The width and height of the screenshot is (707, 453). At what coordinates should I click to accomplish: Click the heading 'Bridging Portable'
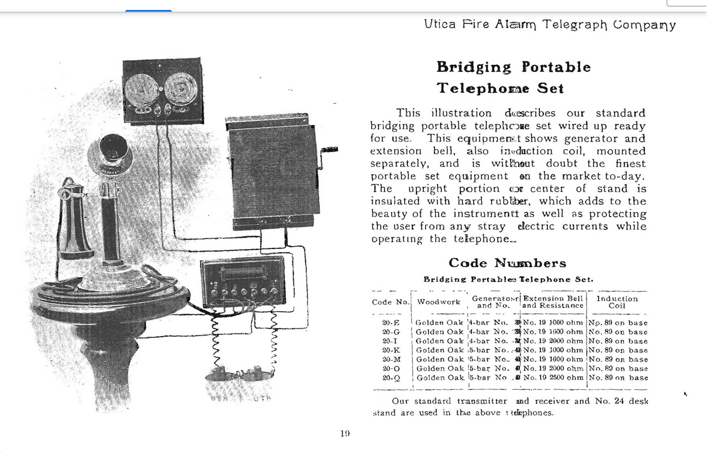point(513,67)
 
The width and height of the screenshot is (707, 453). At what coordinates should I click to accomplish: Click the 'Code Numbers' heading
point(507,263)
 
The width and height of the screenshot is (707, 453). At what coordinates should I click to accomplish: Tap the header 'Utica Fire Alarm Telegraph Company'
point(550,25)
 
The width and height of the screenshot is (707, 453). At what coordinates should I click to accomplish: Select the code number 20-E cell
point(391,323)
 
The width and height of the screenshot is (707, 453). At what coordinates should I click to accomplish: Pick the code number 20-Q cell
point(391,378)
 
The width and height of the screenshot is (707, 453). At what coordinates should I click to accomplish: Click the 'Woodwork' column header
point(438,302)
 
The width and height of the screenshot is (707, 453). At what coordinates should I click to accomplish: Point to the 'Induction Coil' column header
point(617,302)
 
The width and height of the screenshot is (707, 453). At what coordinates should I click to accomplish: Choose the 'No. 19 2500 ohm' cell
point(553,378)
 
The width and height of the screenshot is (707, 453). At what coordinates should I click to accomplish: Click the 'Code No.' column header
point(391,302)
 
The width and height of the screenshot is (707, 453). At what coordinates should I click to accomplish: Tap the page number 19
point(344,433)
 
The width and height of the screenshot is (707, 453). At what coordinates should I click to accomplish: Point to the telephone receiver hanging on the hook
point(74,222)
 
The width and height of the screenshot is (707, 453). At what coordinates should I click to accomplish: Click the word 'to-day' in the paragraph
point(626,176)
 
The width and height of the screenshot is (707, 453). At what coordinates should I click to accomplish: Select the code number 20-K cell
point(391,350)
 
